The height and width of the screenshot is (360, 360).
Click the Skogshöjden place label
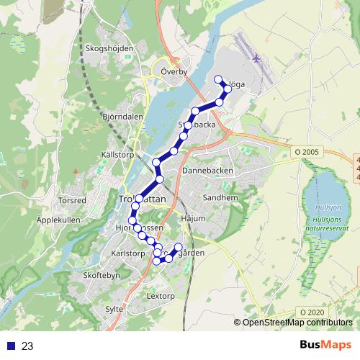point(109,48)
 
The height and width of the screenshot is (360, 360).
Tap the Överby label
point(174,72)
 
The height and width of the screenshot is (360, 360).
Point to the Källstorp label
point(118,154)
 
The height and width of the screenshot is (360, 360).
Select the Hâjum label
point(194,217)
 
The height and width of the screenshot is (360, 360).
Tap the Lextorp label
point(161,296)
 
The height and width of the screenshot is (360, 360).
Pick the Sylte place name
point(114,309)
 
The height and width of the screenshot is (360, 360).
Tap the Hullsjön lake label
point(328,208)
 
